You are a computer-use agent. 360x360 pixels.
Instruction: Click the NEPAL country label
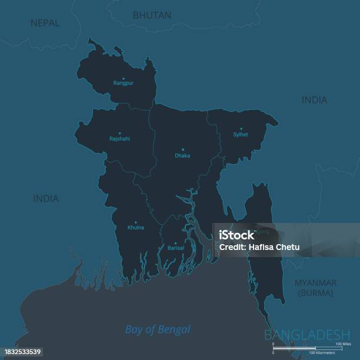(x=45, y=23)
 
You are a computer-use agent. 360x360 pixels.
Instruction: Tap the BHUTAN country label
(x=152, y=15)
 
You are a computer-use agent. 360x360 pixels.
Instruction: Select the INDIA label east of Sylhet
(x=314, y=100)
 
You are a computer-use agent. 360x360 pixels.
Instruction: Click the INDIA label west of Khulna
(x=46, y=198)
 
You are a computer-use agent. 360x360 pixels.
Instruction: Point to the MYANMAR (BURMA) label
(x=316, y=287)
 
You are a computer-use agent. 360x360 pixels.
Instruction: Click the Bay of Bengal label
(x=158, y=329)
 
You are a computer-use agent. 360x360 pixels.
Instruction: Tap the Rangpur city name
(x=124, y=84)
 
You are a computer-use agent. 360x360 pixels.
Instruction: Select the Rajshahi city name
(x=120, y=139)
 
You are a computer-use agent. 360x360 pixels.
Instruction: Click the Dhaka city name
(x=182, y=156)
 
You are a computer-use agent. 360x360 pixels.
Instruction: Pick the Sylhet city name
(x=241, y=135)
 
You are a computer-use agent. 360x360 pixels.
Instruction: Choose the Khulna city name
(x=136, y=227)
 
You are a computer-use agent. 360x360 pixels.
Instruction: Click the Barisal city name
(x=175, y=248)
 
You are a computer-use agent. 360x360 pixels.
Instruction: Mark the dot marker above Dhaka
(x=182, y=149)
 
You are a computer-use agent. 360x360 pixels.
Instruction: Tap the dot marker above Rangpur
(x=124, y=78)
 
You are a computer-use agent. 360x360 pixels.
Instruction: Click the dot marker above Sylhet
(x=241, y=128)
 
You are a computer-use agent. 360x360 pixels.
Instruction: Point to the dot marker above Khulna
(x=136, y=222)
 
